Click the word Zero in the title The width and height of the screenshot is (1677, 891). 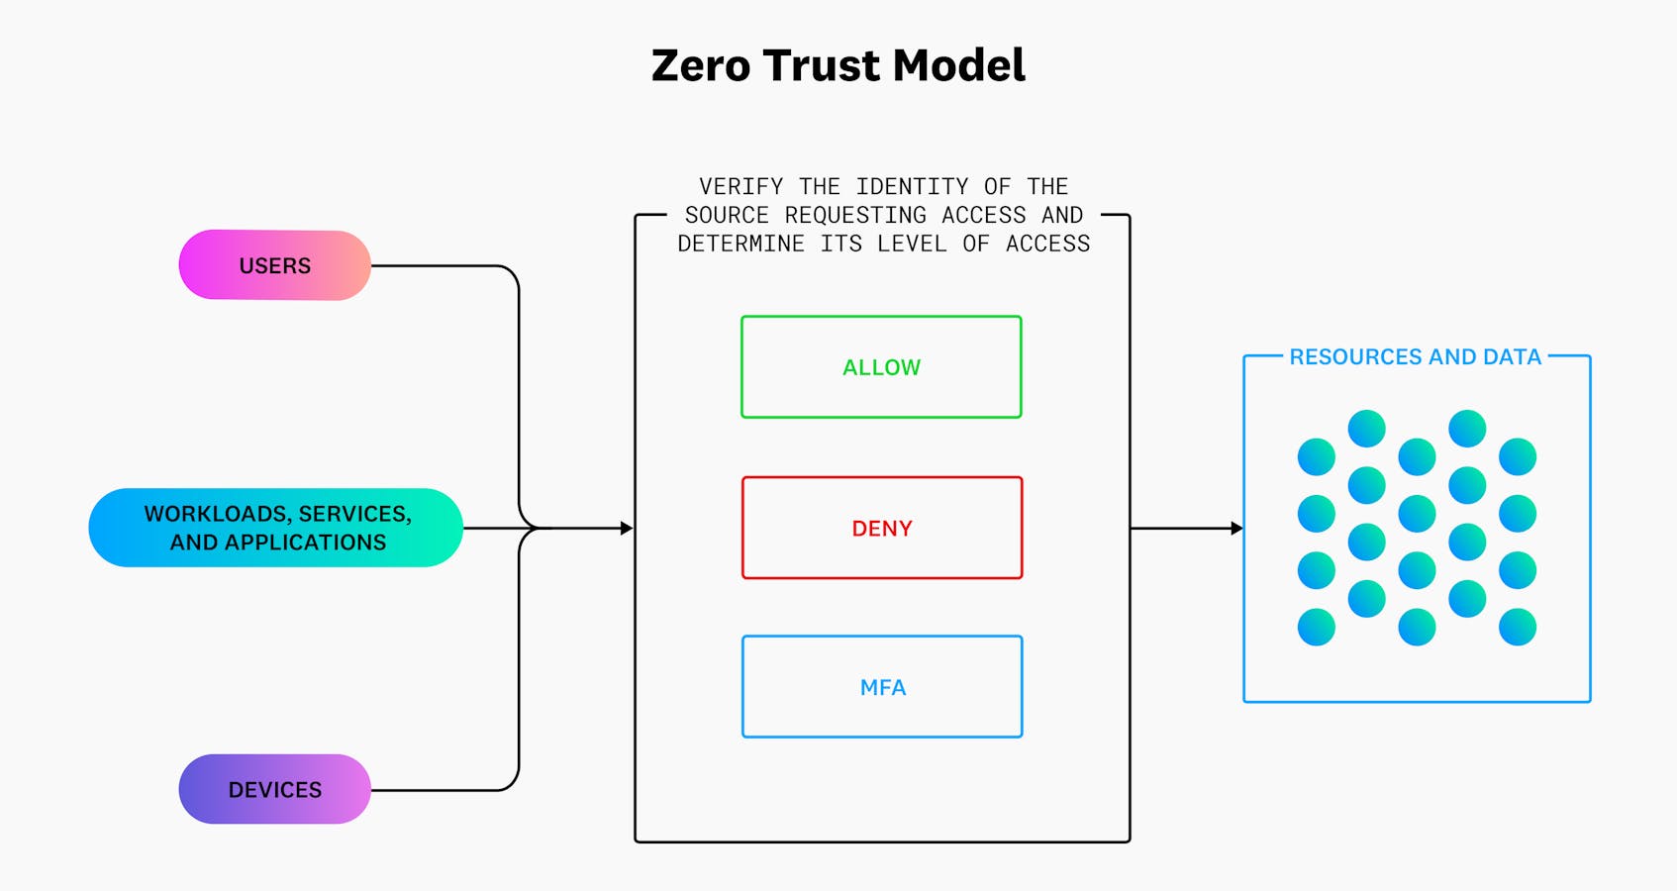point(700,66)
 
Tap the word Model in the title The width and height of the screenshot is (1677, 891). point(958,66)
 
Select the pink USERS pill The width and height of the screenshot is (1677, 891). point(274,265)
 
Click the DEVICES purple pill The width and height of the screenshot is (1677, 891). point(274,789)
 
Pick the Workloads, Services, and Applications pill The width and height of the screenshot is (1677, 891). point(276,528)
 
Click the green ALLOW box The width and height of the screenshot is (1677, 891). point(881,367)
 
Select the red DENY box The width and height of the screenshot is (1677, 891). point(881,528)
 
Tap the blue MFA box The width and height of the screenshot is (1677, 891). point(881,687)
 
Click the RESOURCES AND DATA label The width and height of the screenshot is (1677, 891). point(1415,356)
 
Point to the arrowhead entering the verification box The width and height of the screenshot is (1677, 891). point(626,529)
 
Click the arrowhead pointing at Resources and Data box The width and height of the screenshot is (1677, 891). point(1236,529)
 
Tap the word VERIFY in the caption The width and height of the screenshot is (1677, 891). point(740,187)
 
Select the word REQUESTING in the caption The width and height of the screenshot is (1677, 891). point(855,216)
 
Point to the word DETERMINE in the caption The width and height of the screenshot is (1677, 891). point(740,245)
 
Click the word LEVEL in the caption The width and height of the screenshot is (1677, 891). point(912,245)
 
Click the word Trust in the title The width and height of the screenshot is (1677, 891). point(821,66)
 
